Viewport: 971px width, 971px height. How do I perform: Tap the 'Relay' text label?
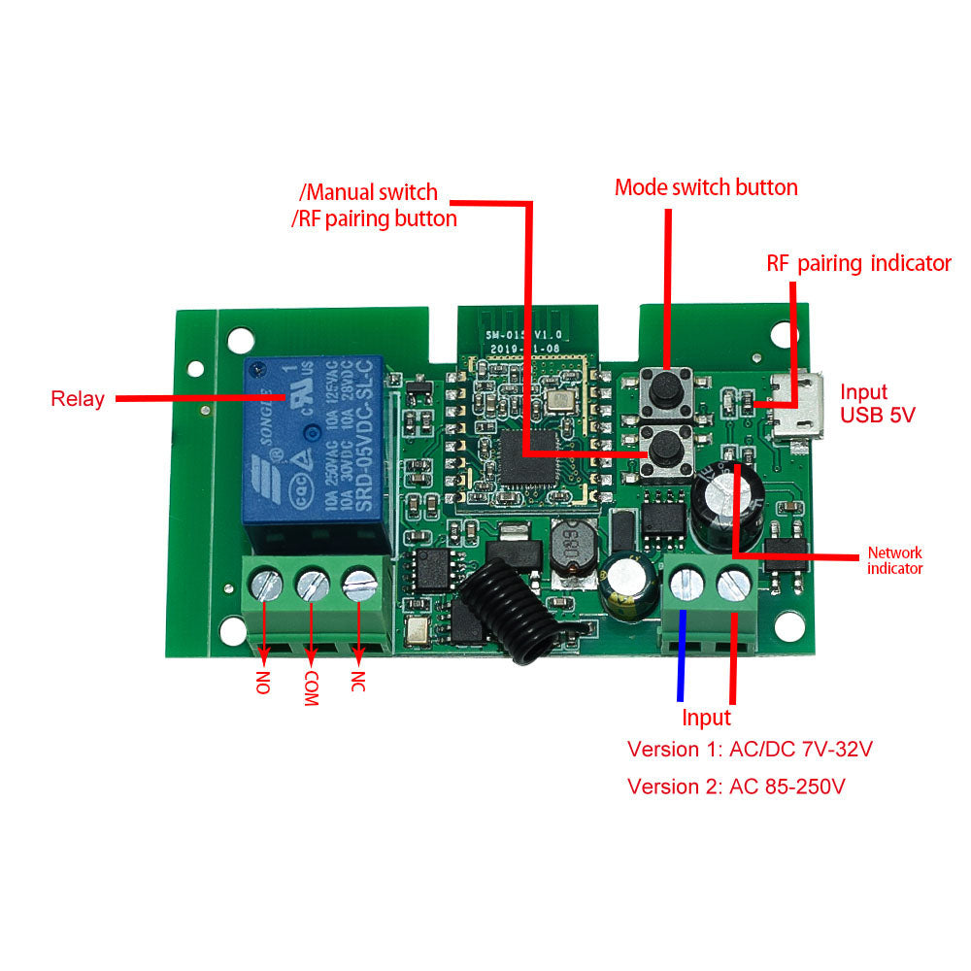click(78, 399)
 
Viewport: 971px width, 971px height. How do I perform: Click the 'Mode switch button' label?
click(706, 187)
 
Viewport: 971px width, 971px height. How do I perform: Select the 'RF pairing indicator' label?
click(858, 263)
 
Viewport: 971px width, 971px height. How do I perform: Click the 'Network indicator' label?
click(894, 560)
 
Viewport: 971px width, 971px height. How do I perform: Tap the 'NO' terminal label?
click(262, 682)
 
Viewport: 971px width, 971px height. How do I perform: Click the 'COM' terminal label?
click(311, 687)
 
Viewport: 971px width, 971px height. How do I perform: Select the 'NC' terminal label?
click(358, 682)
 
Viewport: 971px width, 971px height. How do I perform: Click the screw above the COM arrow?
click(311, 585)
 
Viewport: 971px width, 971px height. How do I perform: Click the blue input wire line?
click(681, 655)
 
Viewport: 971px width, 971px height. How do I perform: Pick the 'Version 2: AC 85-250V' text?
click(736, 786)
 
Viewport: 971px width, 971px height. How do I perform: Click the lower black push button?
click(666, 448)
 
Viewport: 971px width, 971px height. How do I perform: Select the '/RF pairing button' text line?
click(375, 218)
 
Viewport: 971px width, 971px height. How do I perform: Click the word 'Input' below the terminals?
click(706, 718)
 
